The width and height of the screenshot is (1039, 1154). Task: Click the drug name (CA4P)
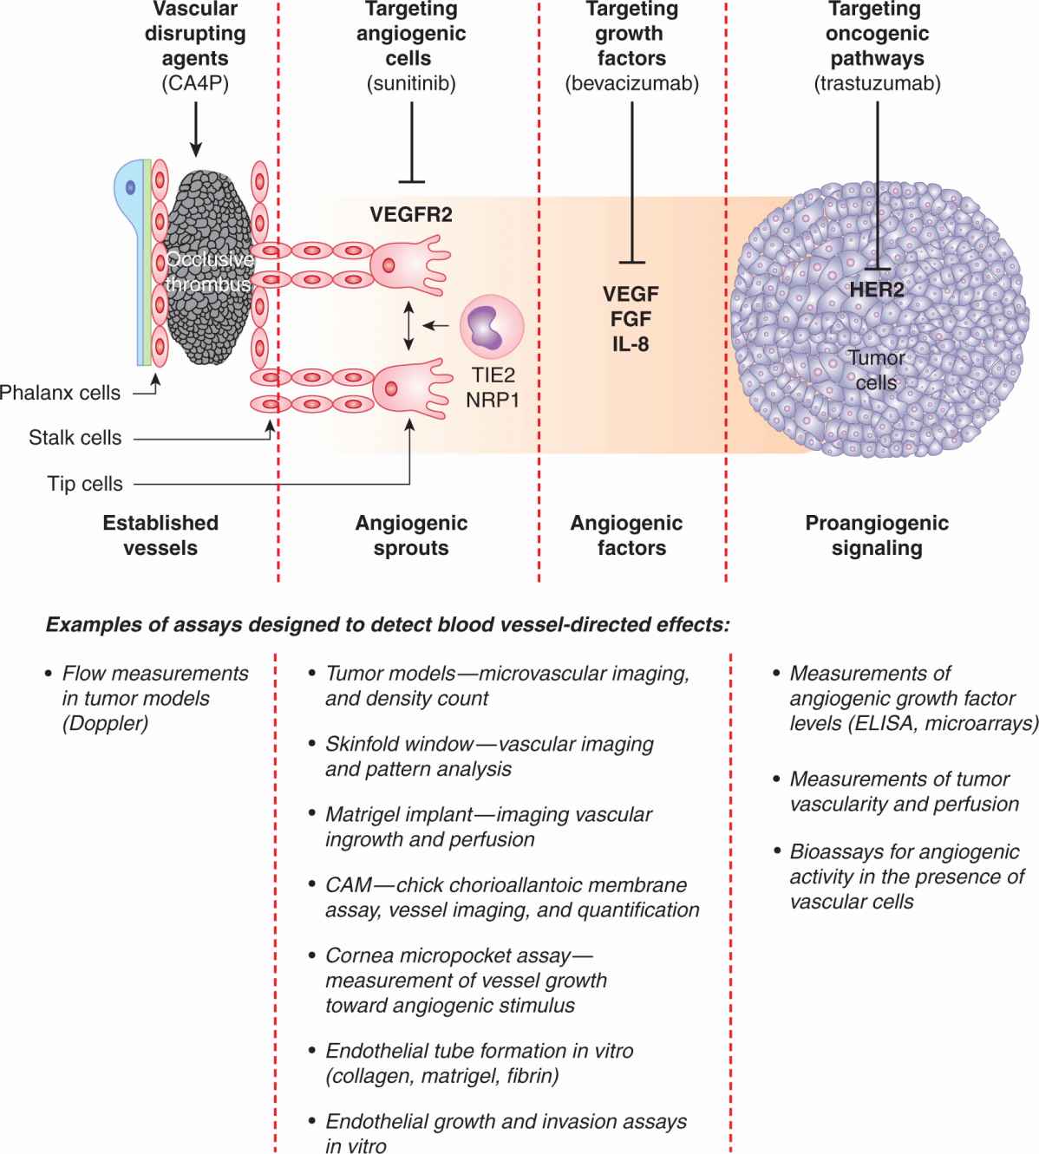(x=195, y=84)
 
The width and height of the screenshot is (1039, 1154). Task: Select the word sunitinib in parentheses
(x=410, y=84)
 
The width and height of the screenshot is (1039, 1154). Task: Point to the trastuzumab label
(x=877, y=84)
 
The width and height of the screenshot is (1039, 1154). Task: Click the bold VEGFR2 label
(x=411, y=214)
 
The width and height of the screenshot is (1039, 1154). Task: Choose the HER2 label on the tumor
(x=877, y=290)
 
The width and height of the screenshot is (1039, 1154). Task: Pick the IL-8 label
(x=631, y=344)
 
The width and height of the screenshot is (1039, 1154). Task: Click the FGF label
(x=631, y=319)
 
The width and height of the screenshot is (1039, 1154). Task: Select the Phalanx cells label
(x=60, y=393)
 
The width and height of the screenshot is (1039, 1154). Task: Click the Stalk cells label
(x=75, y=438)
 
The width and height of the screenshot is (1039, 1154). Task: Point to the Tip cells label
(x=85, y=484)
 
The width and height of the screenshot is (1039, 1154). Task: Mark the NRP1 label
(x=492, y=401)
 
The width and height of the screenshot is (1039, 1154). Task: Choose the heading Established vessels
(x=160, y=535)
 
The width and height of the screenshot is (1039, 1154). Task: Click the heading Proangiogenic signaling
(x=877, y=535)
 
